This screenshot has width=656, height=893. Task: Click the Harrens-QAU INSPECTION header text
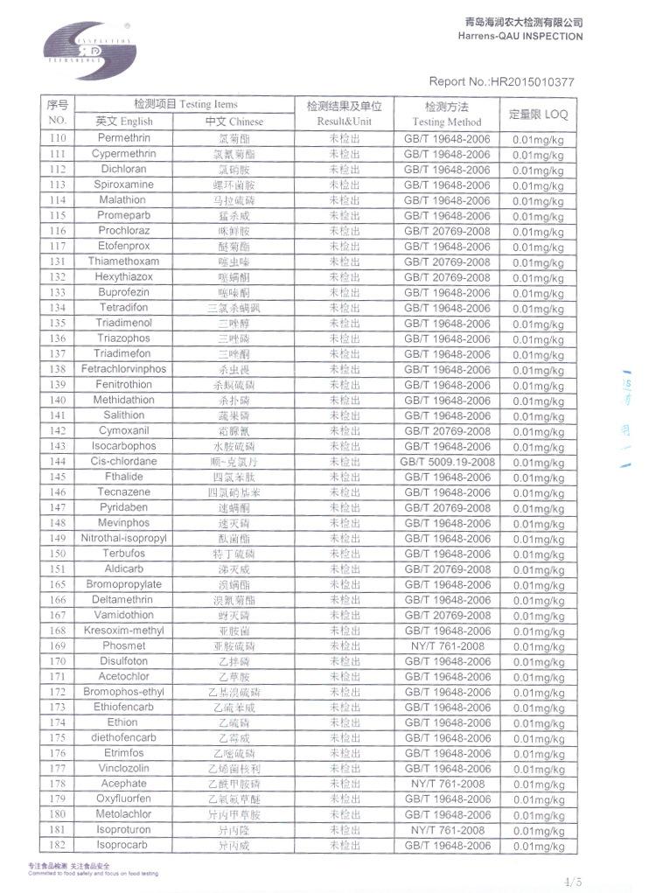point(520,37)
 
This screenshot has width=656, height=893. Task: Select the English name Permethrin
point(123,139)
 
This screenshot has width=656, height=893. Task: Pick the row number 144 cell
point(58,462)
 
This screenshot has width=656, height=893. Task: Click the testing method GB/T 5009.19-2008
point(447,462)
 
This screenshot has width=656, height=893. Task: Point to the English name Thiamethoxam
point(123,262)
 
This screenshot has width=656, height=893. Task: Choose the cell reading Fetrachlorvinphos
point(123,369)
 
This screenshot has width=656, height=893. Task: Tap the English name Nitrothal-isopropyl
point(123,539)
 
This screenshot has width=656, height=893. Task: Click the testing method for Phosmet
point(447,646)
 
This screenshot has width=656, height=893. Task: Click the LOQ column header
point(538,114)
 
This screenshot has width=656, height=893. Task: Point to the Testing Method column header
point(447,122)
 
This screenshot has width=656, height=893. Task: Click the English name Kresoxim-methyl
point(123,631)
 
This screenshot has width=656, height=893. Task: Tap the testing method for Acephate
point(447,785)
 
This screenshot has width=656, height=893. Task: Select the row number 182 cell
point(58,846)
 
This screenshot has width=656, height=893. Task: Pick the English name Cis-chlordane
point(123,462)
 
